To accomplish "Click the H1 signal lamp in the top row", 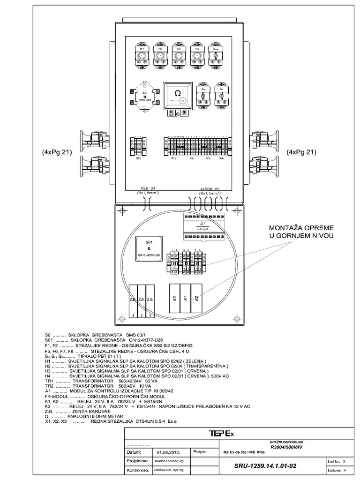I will point(142,55).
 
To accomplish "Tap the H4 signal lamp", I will point(197,55).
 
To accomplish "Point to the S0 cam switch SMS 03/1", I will point(145,98).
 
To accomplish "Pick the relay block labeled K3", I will point(174,298).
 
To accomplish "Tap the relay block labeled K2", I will point(196,298).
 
